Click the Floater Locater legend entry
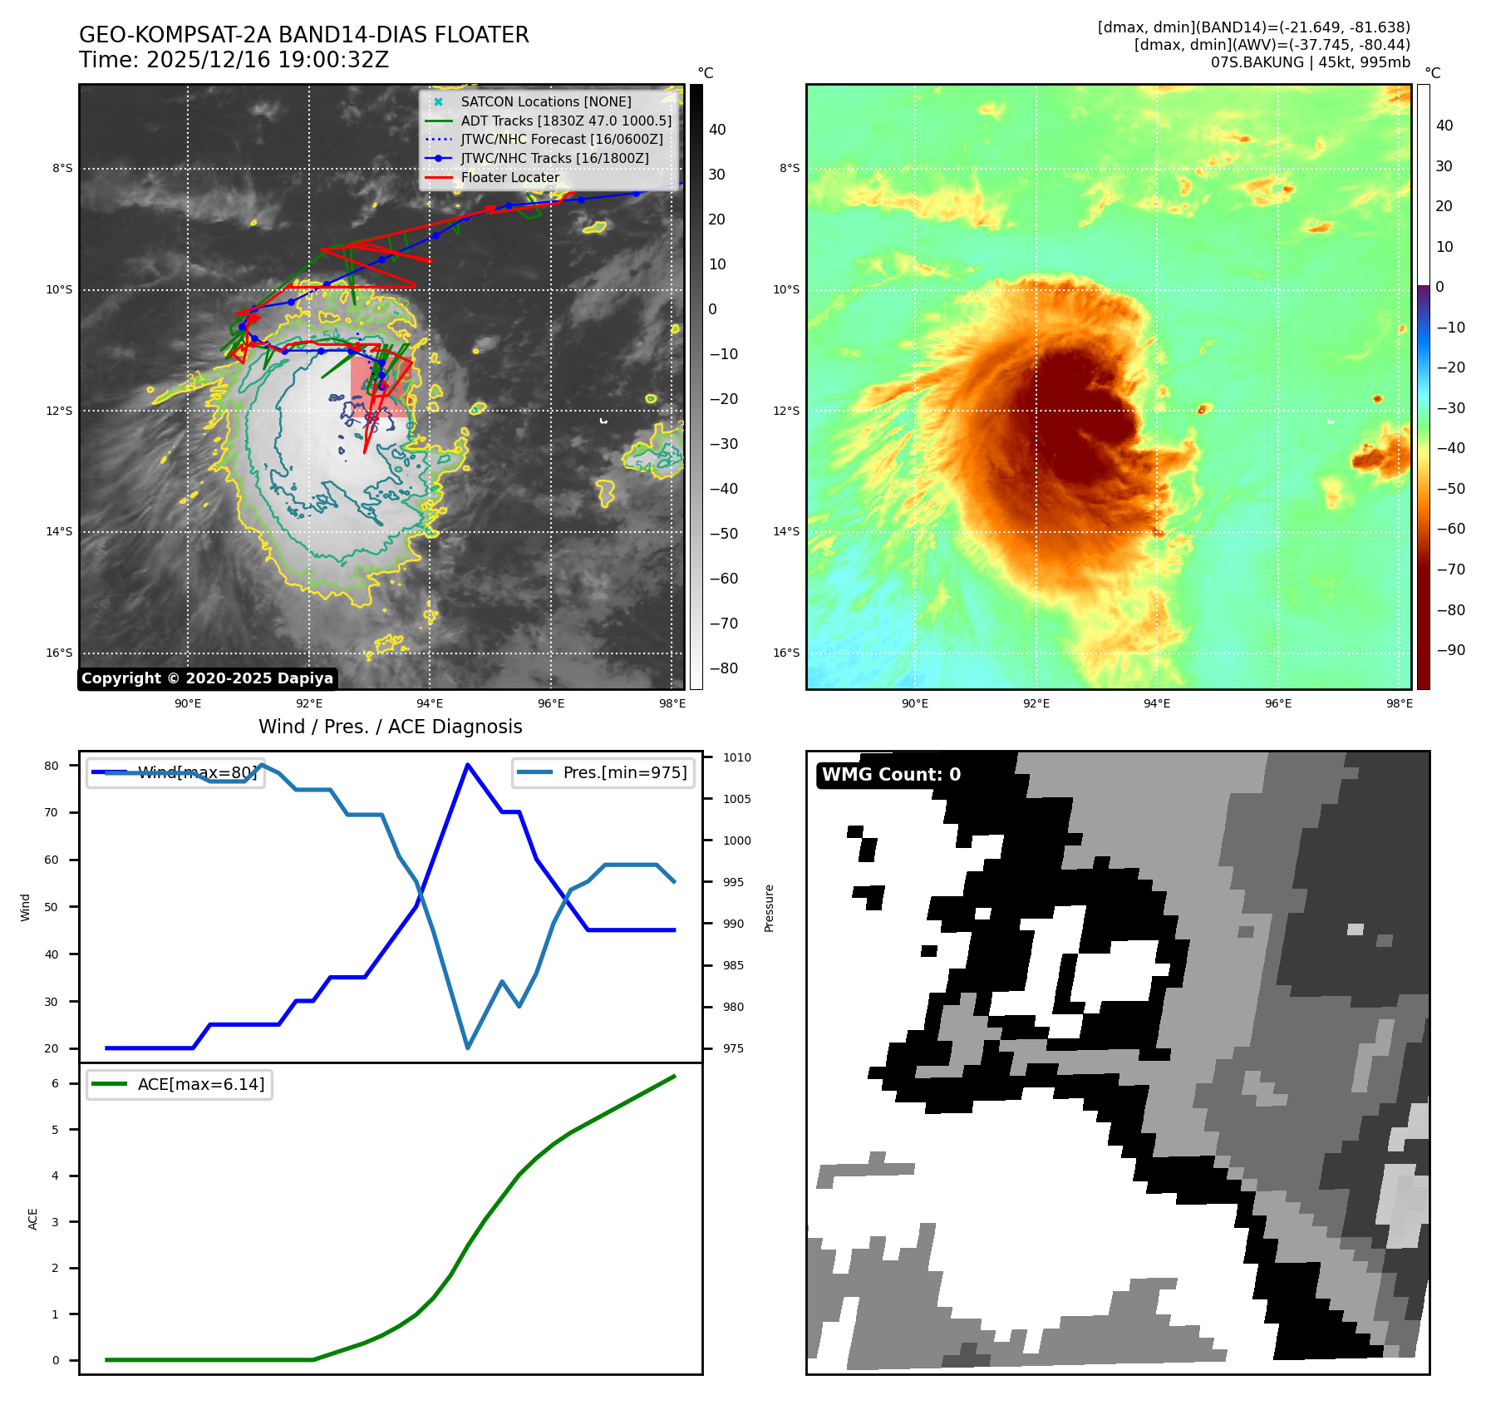point(509,177)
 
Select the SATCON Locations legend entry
point(545,101)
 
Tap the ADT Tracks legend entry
point(565,121)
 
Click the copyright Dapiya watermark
point(207,678)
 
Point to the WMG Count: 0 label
point(891,775)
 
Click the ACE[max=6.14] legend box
point(180,1084)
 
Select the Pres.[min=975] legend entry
point(603,772)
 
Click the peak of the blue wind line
point(468,765)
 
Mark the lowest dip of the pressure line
point(468,1048)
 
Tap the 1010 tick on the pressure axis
point(736,757)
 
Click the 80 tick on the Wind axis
point(52,766)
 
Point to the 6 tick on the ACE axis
point(56,1083)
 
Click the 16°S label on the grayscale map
point(59,653)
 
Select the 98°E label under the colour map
point(1399,703)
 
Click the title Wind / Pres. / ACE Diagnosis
point(391,727)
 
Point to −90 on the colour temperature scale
point(1450,650)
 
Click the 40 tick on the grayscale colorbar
point(717,130)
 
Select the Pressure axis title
point(769,908)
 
